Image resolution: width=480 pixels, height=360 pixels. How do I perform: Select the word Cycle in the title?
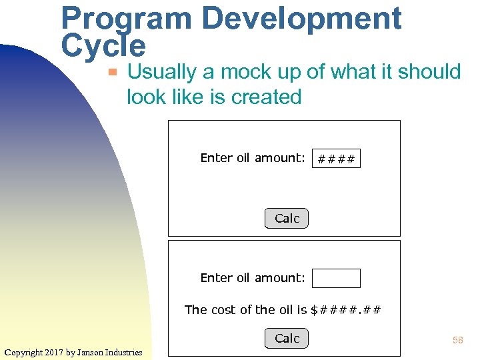[103, 46]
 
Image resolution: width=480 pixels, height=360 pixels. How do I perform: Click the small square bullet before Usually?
[114, 71]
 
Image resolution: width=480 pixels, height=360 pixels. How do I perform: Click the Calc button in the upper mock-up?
[287, 218]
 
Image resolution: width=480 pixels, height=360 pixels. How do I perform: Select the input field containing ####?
[336, 159]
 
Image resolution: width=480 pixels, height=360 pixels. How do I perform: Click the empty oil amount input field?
[336, 278]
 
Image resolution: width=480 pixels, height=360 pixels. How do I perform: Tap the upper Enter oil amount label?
[253, 158]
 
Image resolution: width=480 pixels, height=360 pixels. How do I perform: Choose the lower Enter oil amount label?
[253, 277]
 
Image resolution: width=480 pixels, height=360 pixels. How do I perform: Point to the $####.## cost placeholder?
[346, 309]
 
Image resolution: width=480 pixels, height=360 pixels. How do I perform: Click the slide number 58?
[457, 340]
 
